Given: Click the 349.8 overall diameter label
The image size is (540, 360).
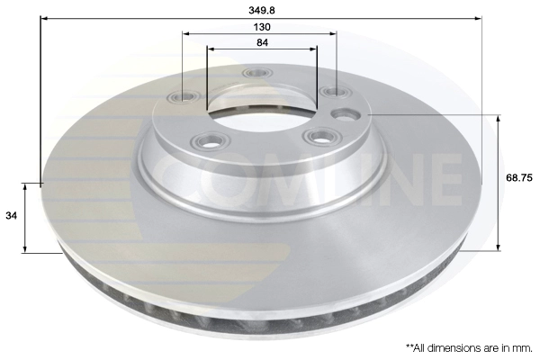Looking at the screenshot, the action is tap(262, 10).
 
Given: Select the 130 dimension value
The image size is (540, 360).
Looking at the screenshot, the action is tap(262, 26).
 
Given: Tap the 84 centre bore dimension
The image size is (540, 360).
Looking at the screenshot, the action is tap(262, 42).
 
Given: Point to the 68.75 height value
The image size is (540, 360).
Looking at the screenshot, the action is tap(519, 178).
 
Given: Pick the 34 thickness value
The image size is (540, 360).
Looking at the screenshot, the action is tap(11, 216).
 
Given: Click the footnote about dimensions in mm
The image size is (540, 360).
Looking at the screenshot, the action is tap(469, 347).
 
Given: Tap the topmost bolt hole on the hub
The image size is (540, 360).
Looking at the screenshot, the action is tap(257, 73).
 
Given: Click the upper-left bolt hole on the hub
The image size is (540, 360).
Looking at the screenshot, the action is tap(184, 97).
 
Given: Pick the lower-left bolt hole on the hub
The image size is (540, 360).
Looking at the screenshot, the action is tap(211, 140).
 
